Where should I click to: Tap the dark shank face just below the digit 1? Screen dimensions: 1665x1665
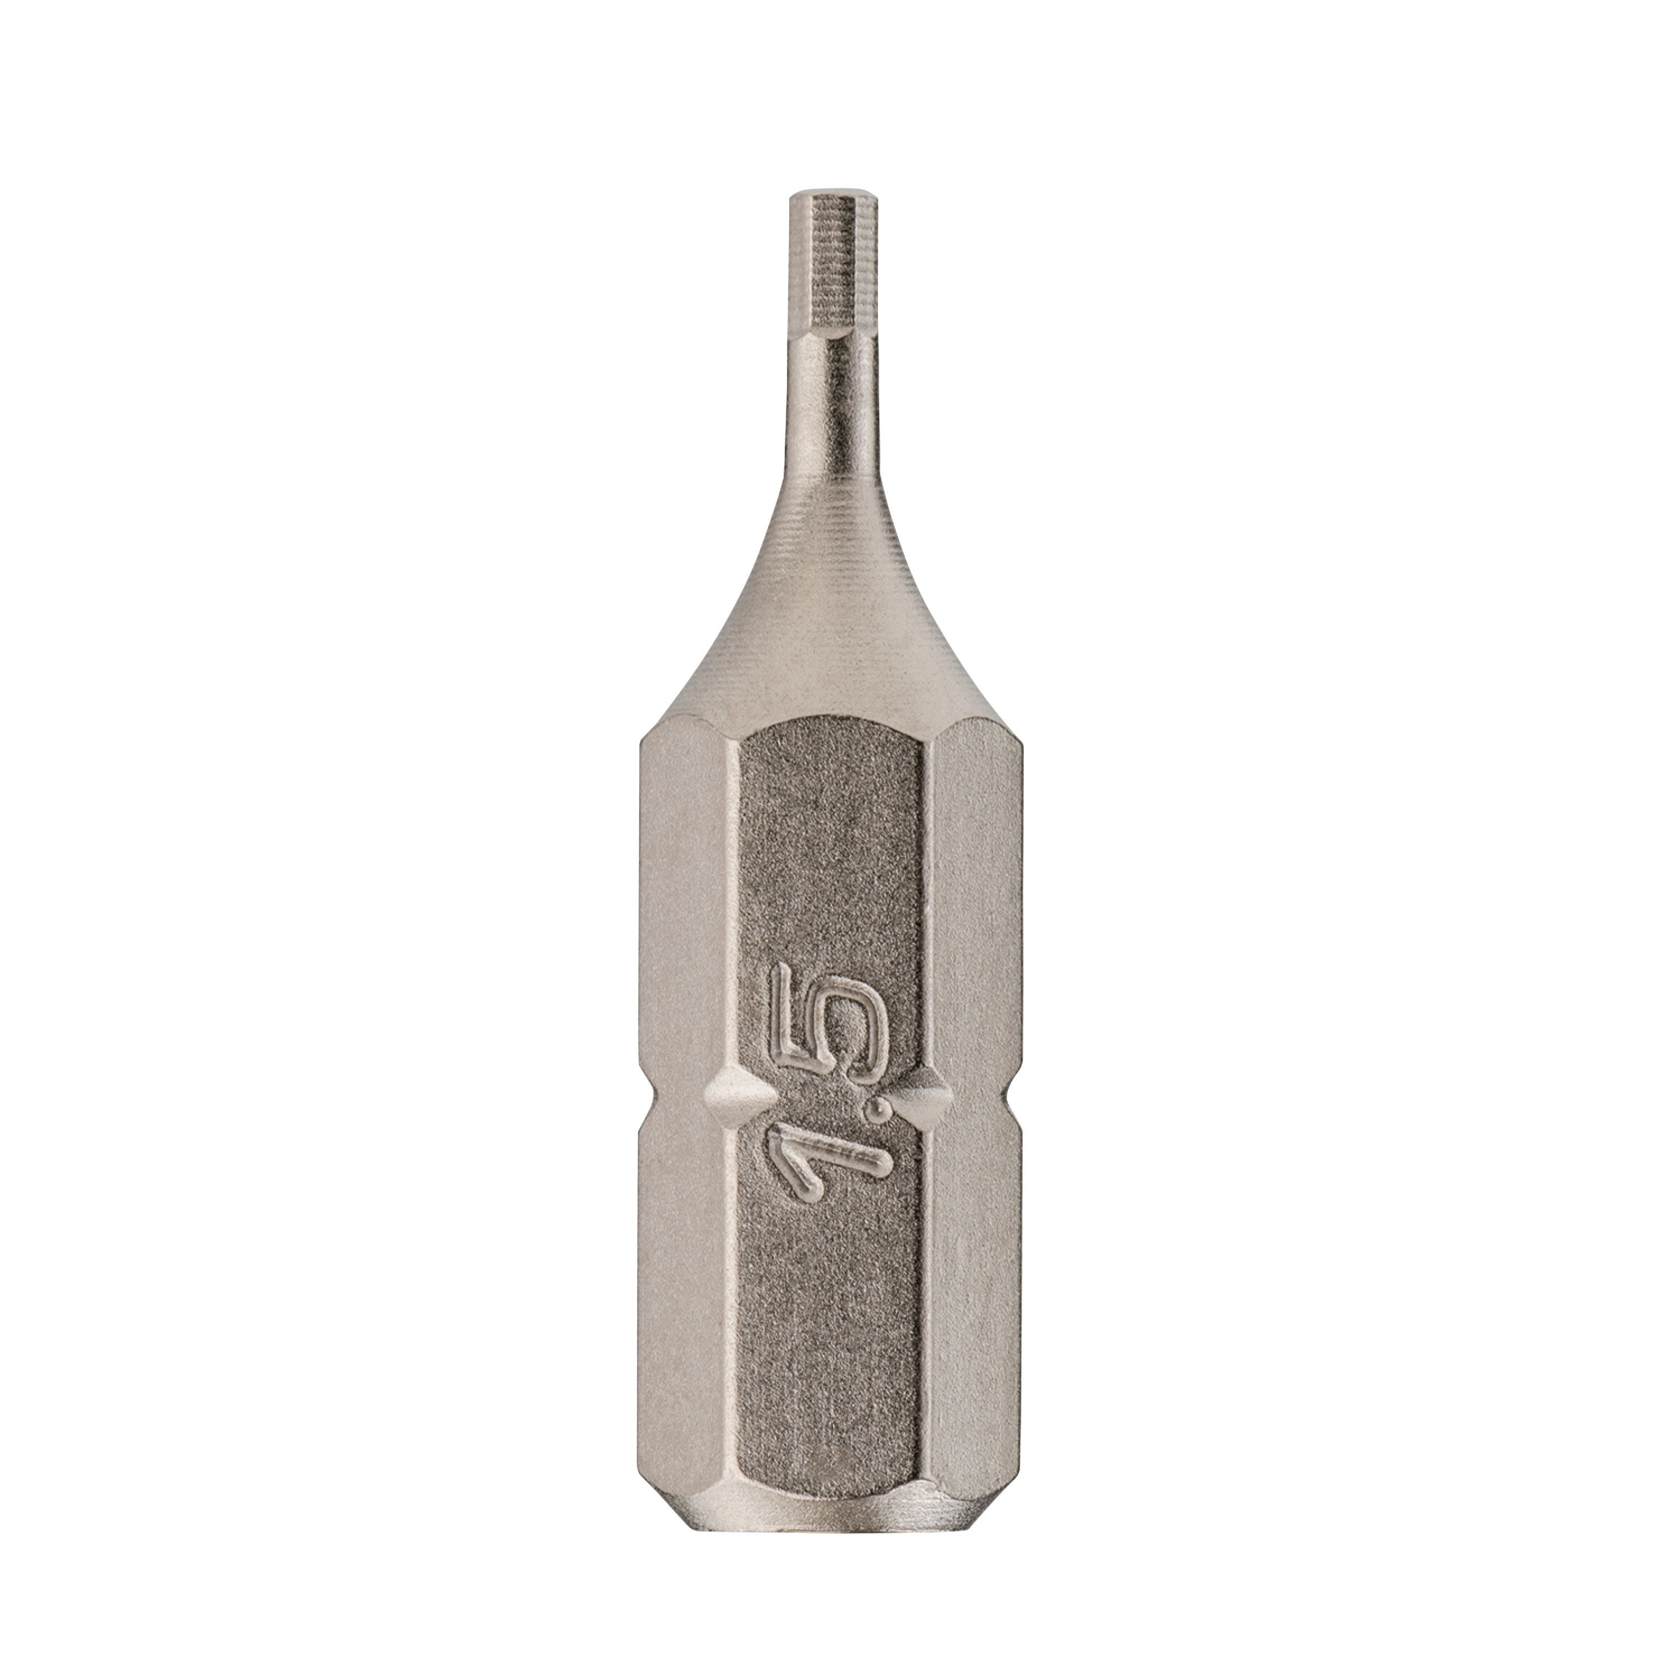coord(833,1293)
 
